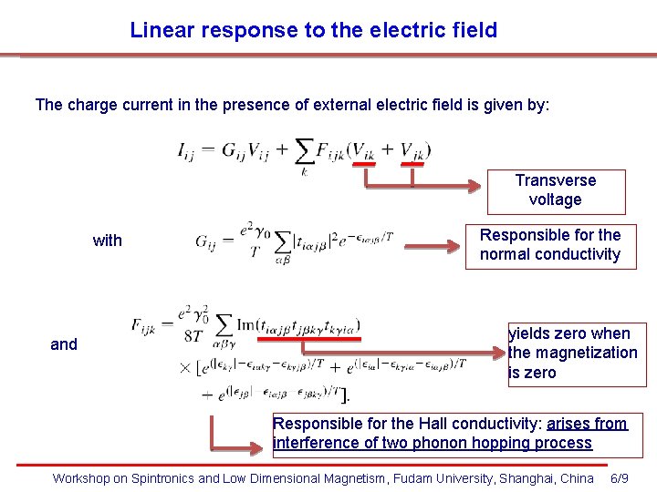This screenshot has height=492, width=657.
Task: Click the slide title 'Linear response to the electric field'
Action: click(x=313, y=30)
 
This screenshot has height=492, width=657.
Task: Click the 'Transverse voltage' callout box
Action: click(x=556, y=190)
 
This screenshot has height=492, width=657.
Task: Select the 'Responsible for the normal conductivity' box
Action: click(x=550, y=245)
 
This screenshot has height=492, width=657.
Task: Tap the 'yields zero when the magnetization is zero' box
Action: click(x=576, y=354)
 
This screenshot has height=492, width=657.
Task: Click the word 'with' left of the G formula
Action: click(x=108, y=241)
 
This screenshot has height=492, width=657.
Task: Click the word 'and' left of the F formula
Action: click(x=64, y=344)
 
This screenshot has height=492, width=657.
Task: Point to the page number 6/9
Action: click(x=618, y=478)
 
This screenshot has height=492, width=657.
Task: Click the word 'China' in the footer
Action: click(x=577, y=478)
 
